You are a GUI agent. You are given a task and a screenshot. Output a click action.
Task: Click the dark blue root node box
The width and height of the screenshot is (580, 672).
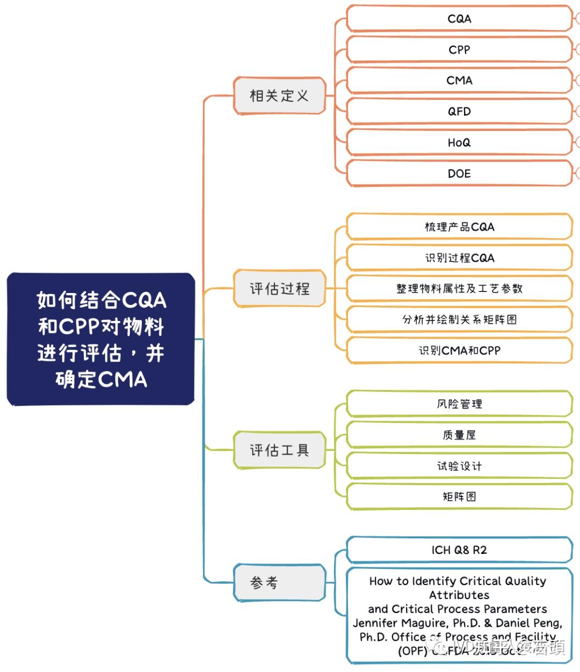[x=101, y=339]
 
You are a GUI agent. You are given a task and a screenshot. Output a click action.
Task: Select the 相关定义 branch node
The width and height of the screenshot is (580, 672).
[x=279, y=96]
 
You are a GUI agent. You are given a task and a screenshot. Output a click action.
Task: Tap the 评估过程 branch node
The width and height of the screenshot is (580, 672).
[x=279, y=289]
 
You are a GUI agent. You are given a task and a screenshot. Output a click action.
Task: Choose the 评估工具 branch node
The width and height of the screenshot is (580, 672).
[x=279, y=450]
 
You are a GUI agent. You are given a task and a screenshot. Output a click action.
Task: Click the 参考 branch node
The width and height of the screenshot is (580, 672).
[x=279, y=582]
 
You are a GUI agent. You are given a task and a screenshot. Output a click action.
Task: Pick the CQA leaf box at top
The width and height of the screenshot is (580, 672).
[x=459, y=19]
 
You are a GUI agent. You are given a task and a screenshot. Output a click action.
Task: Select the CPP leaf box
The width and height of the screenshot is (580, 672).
[x=459, y=50]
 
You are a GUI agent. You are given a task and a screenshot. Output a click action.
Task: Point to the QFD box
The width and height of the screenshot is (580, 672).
[x=459, y=112]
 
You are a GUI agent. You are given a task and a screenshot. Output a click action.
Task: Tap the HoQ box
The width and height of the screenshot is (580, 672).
[x=459, y=143]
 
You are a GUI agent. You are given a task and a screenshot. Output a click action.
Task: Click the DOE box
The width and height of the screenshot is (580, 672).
[x=459, y=173]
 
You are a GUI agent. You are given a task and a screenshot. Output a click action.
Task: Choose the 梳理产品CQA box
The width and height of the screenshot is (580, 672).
[x=459, y=227]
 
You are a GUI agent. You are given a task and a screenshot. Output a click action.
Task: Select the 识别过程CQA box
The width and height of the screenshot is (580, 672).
[x=459, y=258]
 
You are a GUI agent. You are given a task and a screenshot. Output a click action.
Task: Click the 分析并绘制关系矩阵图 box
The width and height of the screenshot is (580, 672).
[x=459, y=320]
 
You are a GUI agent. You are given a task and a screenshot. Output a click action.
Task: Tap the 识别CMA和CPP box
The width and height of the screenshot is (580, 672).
[x=459, y=350]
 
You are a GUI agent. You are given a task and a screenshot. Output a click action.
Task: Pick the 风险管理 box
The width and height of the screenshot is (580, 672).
[x=459, y=404]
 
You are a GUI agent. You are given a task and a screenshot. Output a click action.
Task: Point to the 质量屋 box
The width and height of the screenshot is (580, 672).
[x=459, y=435]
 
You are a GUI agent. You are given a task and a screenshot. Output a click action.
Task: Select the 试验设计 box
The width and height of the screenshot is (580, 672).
[x=459, y=466]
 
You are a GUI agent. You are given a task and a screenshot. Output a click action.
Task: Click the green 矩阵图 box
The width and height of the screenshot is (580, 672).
[x=459, y=497]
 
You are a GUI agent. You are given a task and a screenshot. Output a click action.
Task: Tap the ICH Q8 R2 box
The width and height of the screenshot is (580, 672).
[x=459, y=550]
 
